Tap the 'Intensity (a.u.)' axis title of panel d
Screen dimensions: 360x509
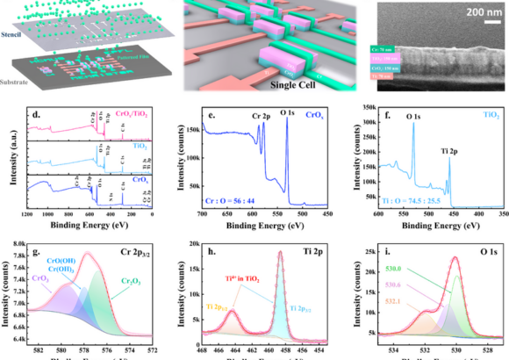coord(9,164)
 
